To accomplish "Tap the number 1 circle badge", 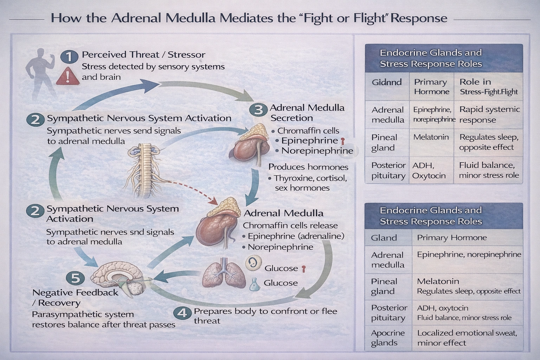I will pyautogui.click(x=69, y=56).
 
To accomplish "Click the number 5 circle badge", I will pyautogui.click(x=76, y=278).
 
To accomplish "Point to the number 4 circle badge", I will pyautogui.click(x=182, y=313).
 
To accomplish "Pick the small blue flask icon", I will pyautogui.click(x=254, y=284).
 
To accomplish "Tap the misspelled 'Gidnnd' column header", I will pyautogui.click(x=387, y=82).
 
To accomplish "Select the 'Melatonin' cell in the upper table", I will pyautogui.click(x=431, y=137).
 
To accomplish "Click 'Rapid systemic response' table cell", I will pyautogui.click(x=489, y=115).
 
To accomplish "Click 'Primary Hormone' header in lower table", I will pyautogui.click(x=452, y=238).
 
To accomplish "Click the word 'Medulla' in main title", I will pyautogui.click(x=190, y=18).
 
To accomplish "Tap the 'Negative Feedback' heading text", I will pyautogui.click(x=75, y=292).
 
